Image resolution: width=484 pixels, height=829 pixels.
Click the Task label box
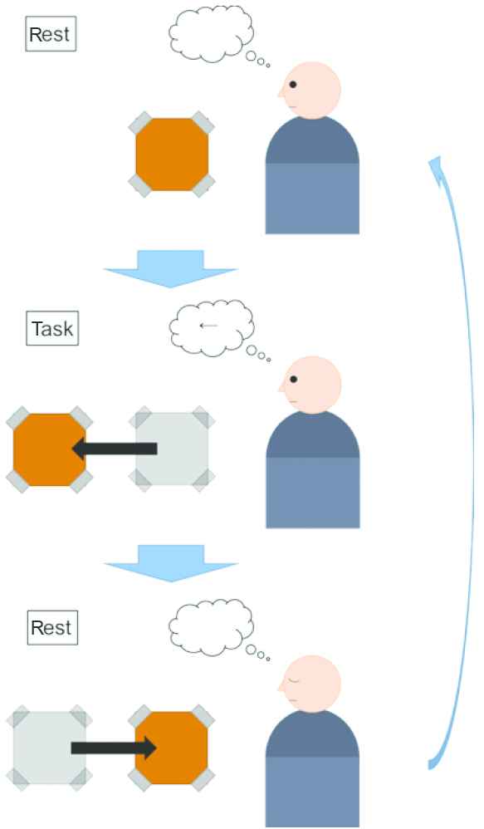pyautogui.click(x=52, y=328)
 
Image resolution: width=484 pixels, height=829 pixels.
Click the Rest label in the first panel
pyautogui.click(x=51, y=34)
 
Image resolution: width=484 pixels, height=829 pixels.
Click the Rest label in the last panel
pyautogui.click(x=52, y=628)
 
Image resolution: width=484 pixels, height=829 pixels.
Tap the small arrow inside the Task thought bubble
pyautogui.click(x=208, y=326)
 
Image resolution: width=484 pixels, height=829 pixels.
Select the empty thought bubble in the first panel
pyautogui.click(x=211, y=34)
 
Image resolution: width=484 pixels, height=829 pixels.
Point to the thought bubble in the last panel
pyautogui.click(x=211, y=627)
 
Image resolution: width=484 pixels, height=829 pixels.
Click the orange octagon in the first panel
pyautogui.click(x=172, y=155)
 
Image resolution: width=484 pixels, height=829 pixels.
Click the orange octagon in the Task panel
pyautogui.click(x=49, y=449)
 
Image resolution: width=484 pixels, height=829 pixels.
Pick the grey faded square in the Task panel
pyautogui.click(x=172, y=449)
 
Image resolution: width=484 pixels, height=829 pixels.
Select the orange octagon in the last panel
pyautogui.click(x=172, y=748)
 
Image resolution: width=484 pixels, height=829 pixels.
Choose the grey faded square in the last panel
pyautogui.click(x=49, y=748)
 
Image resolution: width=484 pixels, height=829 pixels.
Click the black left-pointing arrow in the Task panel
pyautogui.click(x=114, y=449)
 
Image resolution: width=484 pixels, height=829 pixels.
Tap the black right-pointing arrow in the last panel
pyautogui.click(x=114, y=748)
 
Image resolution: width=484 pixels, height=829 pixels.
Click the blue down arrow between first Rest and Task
pyautogui.click(x=170, y=268)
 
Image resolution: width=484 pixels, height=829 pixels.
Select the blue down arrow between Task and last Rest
pyautogui.click(x=171, y=563)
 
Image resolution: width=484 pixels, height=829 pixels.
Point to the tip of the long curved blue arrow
pyautogui.click(x=434, y=156)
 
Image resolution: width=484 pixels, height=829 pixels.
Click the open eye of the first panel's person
pyautogui.click(x=293, y=85)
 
